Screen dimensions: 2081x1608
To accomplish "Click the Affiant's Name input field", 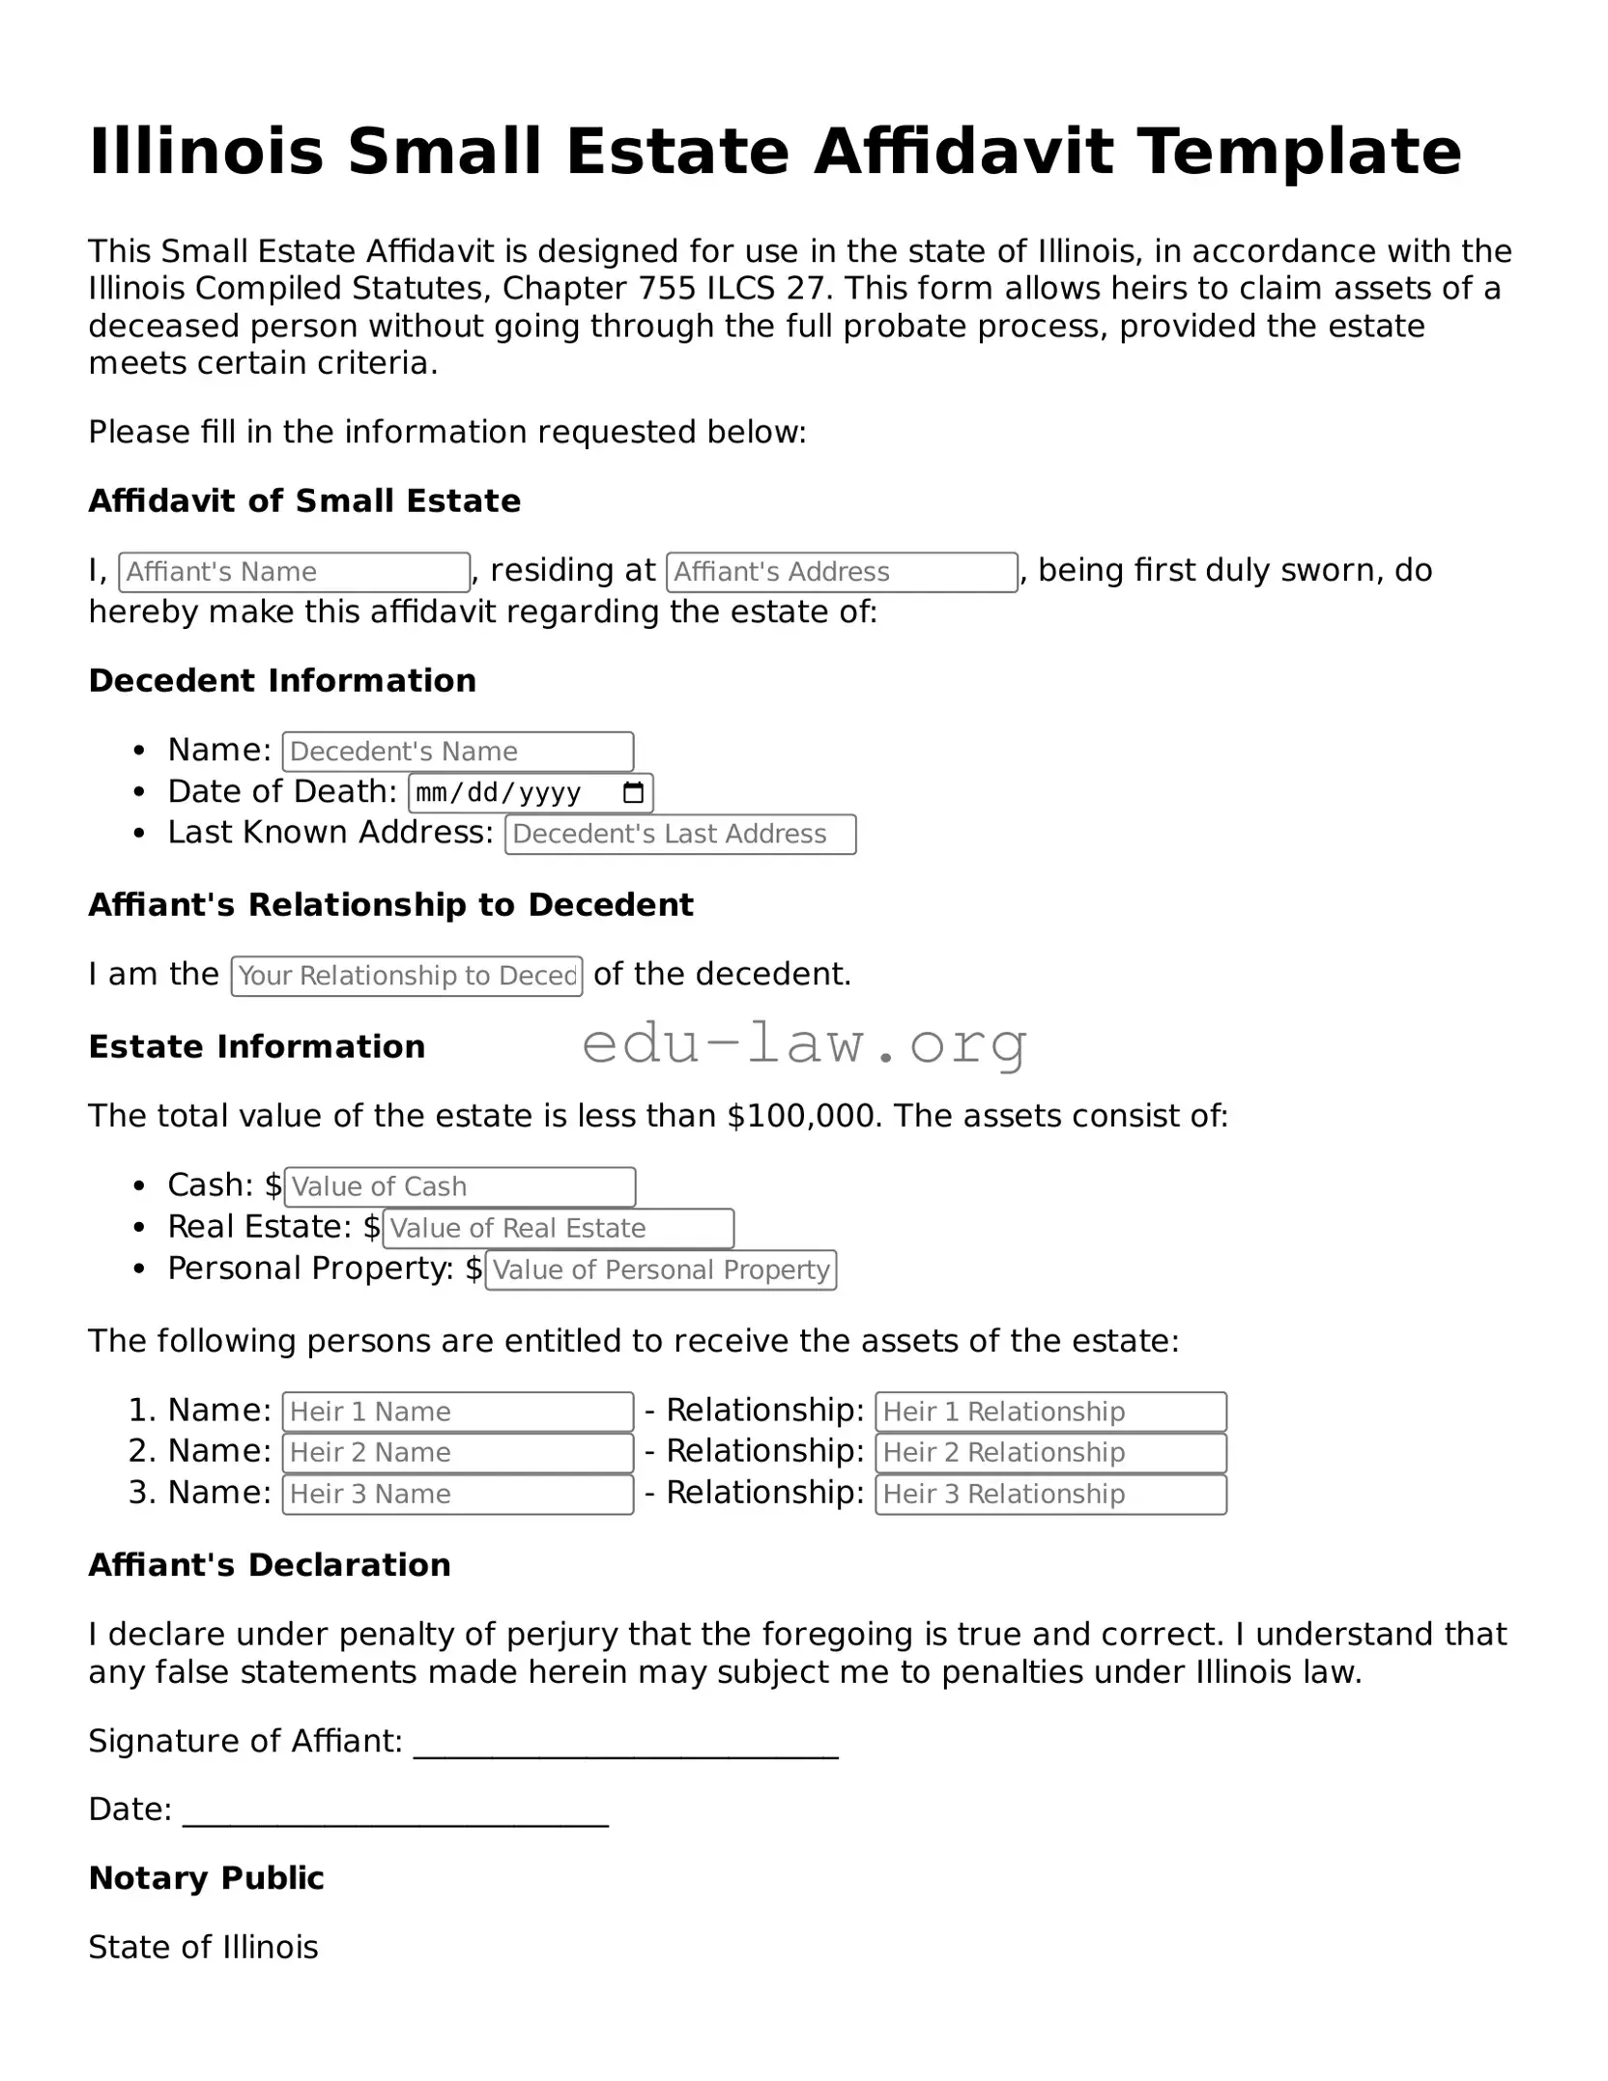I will point(294,572).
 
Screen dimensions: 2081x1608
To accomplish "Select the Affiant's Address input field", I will point(842,572).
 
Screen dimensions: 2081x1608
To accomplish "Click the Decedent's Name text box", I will point(458,752).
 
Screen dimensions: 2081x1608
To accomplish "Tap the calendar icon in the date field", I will point(633,793).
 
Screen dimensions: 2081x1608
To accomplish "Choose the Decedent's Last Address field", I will point(680,835).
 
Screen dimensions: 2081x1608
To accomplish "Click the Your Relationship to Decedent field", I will point(407,976).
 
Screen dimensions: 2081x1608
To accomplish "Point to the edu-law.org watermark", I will point(805,1044).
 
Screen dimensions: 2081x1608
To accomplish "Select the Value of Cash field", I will point(460,1186).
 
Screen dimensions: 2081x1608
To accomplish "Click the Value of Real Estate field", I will point(559,1228).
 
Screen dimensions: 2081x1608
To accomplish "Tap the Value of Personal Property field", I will point(661,1269).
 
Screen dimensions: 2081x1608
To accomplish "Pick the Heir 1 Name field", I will point(458,1411).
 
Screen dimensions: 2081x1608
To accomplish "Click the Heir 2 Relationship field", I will point(1050,1452).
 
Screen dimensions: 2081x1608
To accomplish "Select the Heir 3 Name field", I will point(458,1494).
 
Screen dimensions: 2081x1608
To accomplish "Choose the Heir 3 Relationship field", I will point(1050,1494).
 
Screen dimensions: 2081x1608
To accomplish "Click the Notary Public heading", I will point(206,1878).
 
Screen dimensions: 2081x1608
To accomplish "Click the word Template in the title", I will point(1298,152).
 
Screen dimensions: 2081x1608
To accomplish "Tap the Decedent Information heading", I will point(282,681).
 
